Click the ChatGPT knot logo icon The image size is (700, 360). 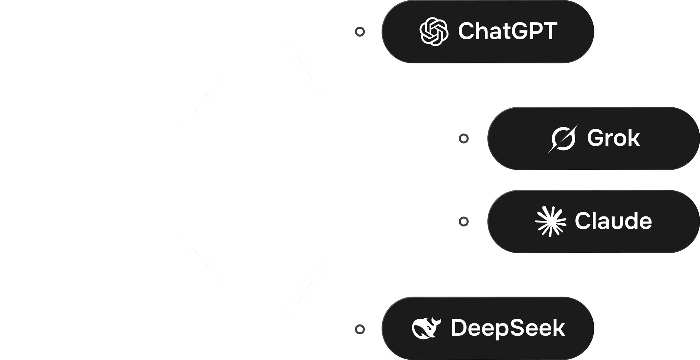(434, 31)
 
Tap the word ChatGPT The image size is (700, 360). (508, 31)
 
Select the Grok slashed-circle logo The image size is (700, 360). (563, 138)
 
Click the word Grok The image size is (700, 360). (613, 138)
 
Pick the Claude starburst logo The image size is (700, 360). (550, 222)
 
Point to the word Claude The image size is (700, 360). (613, 222)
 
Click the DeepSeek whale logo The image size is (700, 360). (426, 328)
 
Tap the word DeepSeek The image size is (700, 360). (508, 328)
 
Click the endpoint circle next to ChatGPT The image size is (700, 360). (360, 32)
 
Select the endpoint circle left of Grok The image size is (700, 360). (463, 138)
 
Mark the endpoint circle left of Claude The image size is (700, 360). (463, 222)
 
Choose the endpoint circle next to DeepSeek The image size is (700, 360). (360, 329)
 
